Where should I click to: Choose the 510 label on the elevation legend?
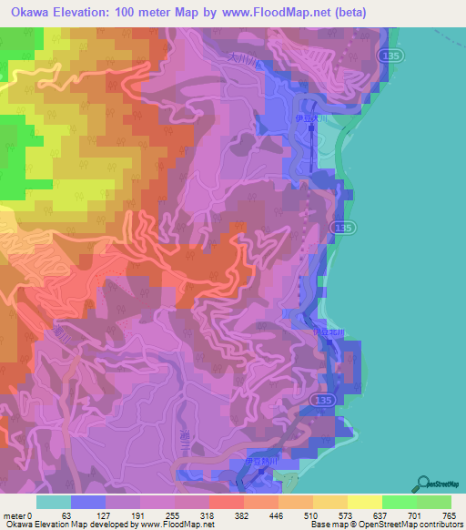[311, 515]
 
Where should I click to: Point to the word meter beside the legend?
[15, 515]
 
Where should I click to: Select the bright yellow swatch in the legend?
[364, 502]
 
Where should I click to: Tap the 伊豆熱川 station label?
[263, 462]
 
